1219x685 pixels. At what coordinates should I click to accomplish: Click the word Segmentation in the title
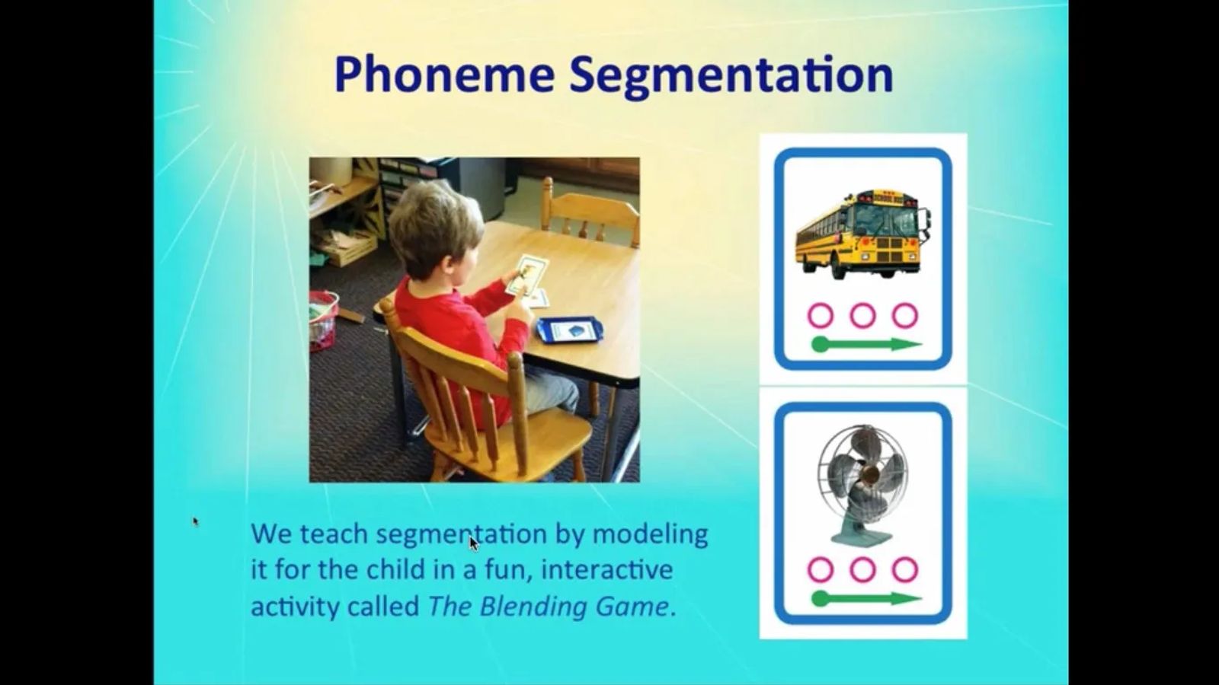click(731, 77)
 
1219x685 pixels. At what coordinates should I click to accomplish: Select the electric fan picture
click(862, 485)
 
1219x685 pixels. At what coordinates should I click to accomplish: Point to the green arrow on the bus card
click(867, 344)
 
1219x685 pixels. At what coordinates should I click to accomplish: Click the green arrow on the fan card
click(867, 598)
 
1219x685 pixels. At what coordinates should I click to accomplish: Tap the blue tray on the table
click(569, 330)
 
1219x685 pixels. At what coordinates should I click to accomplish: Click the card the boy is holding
click(526, 275)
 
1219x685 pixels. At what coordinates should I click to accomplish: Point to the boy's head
click(435, 228)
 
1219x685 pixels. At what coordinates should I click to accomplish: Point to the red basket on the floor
click(323, 320)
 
